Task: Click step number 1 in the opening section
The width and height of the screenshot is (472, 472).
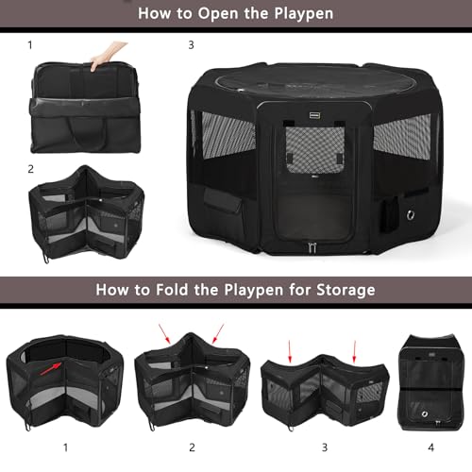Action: coord(29,44)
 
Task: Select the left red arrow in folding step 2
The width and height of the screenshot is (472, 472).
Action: coord(167,331)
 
